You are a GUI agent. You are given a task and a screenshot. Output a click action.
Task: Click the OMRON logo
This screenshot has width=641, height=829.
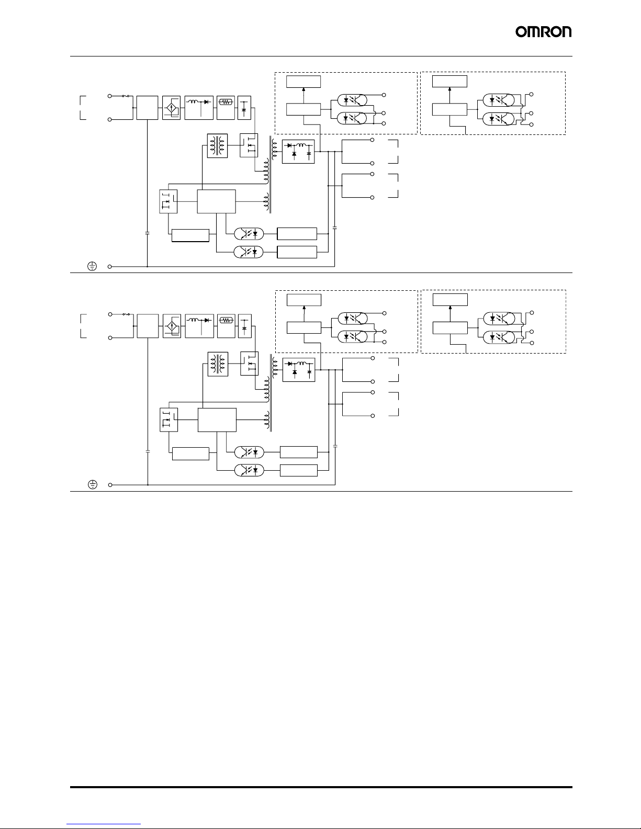pos(543,32)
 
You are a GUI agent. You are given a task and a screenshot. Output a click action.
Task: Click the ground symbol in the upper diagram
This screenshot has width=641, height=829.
pos(92,266)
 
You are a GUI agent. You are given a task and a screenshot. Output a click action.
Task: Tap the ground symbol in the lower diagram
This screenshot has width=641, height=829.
pos(93,484)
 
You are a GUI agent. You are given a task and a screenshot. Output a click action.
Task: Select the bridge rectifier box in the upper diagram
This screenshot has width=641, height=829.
pos(171,108)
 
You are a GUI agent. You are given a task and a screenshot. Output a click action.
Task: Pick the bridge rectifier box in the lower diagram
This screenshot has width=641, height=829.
pos(172,326)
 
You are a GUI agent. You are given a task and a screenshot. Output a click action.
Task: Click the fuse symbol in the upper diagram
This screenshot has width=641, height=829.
pos(125,96)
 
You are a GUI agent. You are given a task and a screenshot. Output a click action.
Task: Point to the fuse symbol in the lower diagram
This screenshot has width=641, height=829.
pos(126,314)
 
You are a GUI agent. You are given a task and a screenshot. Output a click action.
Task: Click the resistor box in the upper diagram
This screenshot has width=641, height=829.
pos(226,108)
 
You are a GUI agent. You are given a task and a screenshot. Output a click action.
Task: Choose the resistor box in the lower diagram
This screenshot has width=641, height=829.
pos(226,326)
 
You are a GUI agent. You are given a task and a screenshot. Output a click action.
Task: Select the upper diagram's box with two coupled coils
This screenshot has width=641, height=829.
pos(218,146)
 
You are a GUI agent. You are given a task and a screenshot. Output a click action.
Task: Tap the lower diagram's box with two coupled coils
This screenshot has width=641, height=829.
pos(218,364)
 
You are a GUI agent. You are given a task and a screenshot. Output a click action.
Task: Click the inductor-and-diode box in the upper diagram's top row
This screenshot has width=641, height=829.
pos(199,108)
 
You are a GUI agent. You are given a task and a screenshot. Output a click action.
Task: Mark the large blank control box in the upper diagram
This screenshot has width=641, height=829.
pos(216,201)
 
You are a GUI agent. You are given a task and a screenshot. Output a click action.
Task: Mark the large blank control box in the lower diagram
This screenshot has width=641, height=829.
pos(217,420)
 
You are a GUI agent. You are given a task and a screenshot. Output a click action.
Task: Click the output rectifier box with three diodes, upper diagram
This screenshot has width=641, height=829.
pos(298,152)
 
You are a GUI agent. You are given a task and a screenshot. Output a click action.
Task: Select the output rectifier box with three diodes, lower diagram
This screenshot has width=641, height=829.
pos(299,370)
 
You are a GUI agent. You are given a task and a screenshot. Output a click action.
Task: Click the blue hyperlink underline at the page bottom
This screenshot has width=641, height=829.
pos(104,824)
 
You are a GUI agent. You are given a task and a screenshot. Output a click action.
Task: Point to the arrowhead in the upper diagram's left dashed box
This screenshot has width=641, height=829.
pos(303,89)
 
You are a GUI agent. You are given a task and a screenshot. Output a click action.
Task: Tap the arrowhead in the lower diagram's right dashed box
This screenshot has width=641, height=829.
pos(450,308)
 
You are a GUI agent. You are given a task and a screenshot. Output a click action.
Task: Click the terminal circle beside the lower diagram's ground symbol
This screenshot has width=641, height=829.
pos(110,485)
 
